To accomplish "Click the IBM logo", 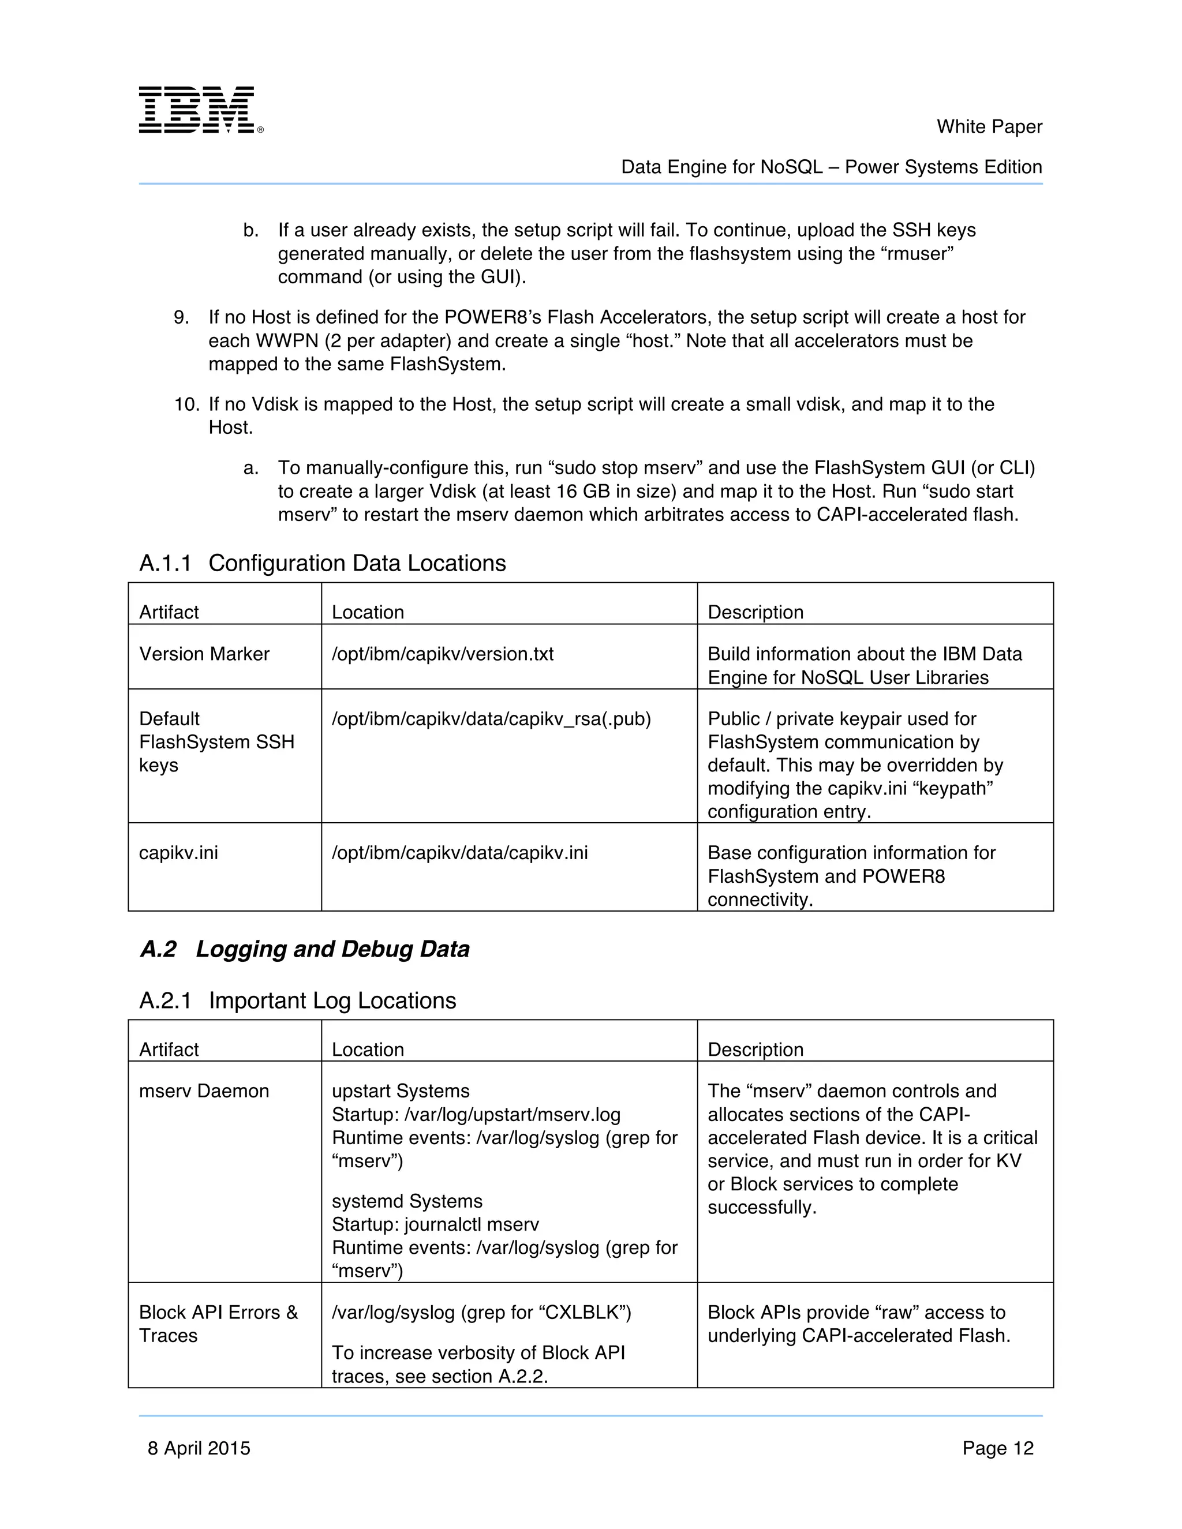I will pos(200,110).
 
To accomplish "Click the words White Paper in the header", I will pos(989,127).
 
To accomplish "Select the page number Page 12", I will pos(997,1448).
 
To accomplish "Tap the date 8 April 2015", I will pos(199,1448).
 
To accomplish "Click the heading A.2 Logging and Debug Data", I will pos(305,949).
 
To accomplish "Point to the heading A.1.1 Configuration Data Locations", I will pos(322,563).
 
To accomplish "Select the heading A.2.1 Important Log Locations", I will pos(298,1000).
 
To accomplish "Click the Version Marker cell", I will pos(204,654).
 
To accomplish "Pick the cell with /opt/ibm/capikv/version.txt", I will pos(443,654).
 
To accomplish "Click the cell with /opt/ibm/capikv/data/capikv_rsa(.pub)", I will pos(491,719).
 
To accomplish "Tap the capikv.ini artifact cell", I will pos(178,853).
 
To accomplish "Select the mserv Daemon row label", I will pos(204,1090).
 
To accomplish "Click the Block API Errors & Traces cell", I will pos(218,1323).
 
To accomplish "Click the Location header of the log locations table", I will pos(368,1050).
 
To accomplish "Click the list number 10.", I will pos(186,404).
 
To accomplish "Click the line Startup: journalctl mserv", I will pos(435,1224).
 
